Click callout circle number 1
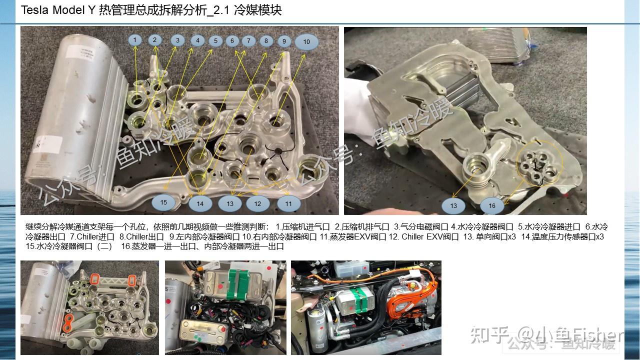pos(135,39)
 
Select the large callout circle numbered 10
pos(306,42)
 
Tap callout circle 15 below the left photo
pos(163,202)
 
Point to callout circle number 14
pos(200,203)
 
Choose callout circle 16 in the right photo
pos(492,205)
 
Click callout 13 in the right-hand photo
pos(453,205)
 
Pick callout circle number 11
pos(288,203)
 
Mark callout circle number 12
pos(257,203)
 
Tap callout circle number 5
pos(215,41)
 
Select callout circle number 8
pos(266,41)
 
